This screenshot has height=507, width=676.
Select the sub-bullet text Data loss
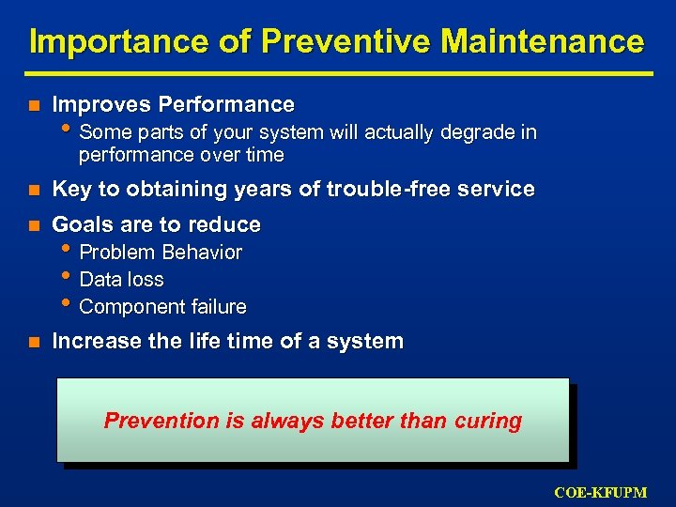pos(121,280)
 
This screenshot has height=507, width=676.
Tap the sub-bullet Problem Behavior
pos(161,253)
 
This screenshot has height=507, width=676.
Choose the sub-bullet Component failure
pos(162,307)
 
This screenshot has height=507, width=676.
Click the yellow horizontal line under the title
pos(338,72)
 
